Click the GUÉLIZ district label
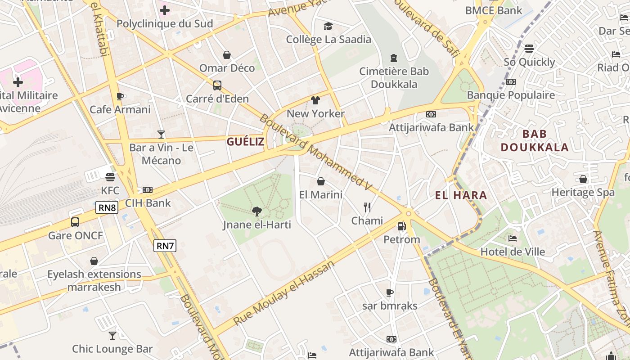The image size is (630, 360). (x=246, y=142)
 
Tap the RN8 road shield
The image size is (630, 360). (x=107, y=207)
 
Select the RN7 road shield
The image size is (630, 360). (x=165, y=246)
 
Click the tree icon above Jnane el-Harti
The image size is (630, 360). (x=256, y=211)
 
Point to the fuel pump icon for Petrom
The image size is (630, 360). (x=401, y=226)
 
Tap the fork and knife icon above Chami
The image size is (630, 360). (x=367, y=207)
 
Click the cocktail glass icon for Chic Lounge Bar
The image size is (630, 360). (x=112, y=335)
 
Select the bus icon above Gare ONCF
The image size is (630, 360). (x=75, y=222)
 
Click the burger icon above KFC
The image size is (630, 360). (x=110, y=177)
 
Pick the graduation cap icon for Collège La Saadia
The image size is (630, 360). (x=328, y=26)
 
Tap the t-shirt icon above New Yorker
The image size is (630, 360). (x=315, y=100)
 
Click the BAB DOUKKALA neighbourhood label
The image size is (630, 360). (x=535, y=140)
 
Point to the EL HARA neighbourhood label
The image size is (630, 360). (x=461, y=195)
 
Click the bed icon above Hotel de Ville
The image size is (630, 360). (x=513, y=238)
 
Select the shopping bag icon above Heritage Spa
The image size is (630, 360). (x=583, y=179)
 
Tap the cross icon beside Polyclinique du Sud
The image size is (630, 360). (x=165, y=10)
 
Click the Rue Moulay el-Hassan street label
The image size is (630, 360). (x=284, y=292)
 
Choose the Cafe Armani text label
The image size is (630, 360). (x=120, y=109)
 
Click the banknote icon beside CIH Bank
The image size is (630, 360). (x=148, y=190)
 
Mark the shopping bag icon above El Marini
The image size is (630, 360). (x=321, y=181)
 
